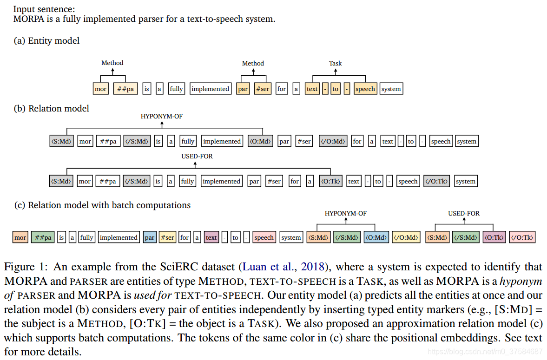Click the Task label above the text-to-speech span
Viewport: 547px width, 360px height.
[x=335, y=63]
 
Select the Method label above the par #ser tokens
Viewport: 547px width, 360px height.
[x=253, y=63]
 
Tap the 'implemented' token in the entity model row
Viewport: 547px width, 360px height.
[x=210, y=89]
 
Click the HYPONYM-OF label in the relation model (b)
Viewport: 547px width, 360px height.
[x=162, y=116]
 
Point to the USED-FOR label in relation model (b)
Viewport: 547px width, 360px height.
[x=197, y=156]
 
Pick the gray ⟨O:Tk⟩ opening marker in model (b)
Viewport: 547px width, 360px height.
[x=330, y=181]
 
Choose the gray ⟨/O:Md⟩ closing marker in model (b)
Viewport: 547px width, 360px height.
[x=333, y=141]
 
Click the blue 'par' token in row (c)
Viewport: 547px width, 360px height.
[x=150, y=237]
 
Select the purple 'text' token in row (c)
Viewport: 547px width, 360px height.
[x=211, y=237]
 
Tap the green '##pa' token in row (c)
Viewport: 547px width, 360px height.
[x=43, y=237]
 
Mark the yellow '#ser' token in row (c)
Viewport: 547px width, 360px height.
[x=167, y=237]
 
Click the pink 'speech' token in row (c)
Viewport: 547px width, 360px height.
[x=264, y=237]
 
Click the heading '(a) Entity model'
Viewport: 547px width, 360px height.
[x=47, y=41]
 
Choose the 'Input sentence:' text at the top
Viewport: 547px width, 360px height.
[x=45, y=9]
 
